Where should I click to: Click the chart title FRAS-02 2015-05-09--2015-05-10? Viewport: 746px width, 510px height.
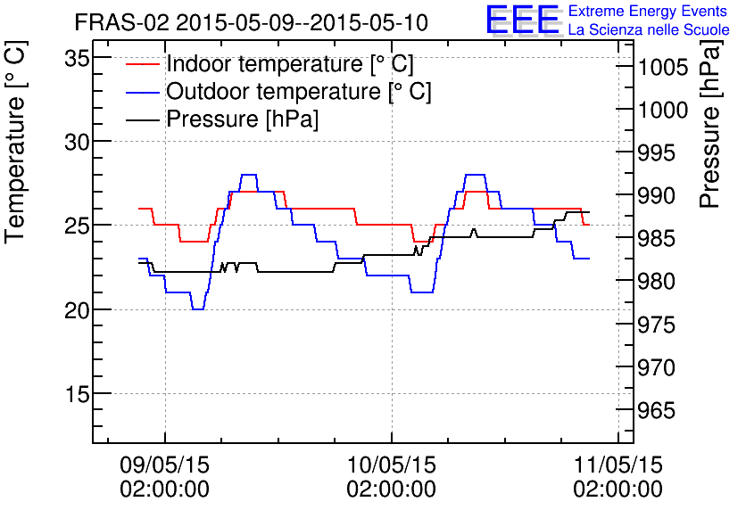250,21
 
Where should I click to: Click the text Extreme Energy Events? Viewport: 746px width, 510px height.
647,12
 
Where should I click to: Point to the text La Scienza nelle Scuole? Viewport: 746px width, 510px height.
649,29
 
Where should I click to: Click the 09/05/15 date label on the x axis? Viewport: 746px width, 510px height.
164,465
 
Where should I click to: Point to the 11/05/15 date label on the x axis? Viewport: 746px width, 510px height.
618,465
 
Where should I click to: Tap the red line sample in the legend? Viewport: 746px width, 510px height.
142,64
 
